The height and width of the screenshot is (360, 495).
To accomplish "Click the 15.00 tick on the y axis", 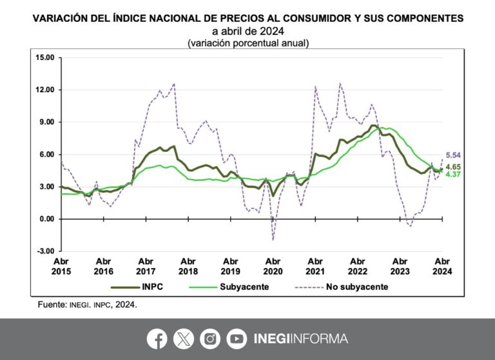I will coord(45,58).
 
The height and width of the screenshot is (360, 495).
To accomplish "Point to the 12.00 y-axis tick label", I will coord(45,90).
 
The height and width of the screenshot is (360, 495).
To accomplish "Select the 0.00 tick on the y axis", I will coord(47,219).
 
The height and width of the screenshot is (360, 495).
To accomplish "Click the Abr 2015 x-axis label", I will coord(61,267).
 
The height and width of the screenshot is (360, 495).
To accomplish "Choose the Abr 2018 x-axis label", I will coord(188,267).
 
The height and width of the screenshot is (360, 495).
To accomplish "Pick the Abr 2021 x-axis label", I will coord(315,267).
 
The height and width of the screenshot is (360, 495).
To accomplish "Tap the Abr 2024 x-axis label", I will coord(442,267).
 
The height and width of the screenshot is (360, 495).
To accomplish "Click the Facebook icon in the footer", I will coord(157,339).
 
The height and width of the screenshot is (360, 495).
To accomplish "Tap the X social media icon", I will coord(183,339).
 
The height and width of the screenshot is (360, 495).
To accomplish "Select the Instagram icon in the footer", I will coord(210,339).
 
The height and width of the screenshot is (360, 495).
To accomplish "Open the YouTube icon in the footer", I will coord(237,339).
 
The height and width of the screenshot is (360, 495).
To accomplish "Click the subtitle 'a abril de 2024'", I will coord(248,31).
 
